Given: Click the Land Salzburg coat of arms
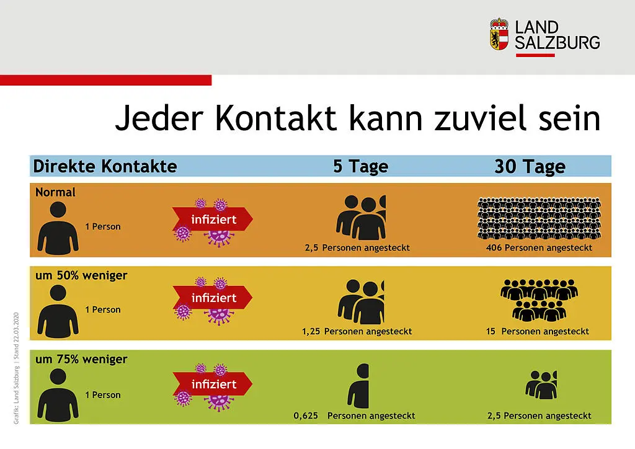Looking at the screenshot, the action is [x=499, y=34].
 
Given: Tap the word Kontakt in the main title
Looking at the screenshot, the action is [x=276, y=118].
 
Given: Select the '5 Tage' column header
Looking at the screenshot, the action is [x=360, y=166].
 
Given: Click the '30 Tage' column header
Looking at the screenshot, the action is [x=530, y=166].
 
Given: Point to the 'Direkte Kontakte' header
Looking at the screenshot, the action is [x=105, y=166].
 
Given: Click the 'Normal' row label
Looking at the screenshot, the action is [x=55, y=192].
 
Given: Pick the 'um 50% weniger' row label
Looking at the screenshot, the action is [x=81, y=275].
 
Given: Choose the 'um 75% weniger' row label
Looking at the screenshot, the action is [x=81, y=359].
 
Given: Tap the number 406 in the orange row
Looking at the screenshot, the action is [x=494, y=247].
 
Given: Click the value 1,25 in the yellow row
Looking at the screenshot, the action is [x=311, y=331].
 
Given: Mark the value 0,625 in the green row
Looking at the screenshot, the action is [x=305, y=416].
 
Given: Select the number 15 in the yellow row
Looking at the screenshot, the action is [x=491, y=331].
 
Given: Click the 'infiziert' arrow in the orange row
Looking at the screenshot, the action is [x=213, y=219].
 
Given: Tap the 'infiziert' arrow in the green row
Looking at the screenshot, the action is [x=213, y=384].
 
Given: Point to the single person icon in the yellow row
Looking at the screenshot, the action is [x=58, y=311].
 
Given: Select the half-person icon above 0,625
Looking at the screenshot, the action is [x=358, y=386].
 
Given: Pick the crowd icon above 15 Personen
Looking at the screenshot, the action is [x=539, y=300].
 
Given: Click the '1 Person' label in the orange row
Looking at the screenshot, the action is [x=103, y=227].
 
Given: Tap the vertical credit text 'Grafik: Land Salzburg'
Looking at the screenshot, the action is [x=16, y=396].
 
